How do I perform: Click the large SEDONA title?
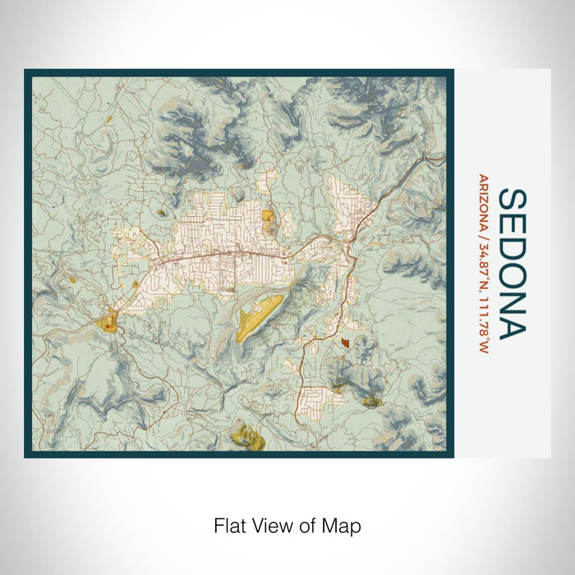click(x=512, y=263)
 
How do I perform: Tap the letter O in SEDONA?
click(x=512, y=274)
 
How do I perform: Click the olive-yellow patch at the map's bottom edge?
click(x=244, y=433)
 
